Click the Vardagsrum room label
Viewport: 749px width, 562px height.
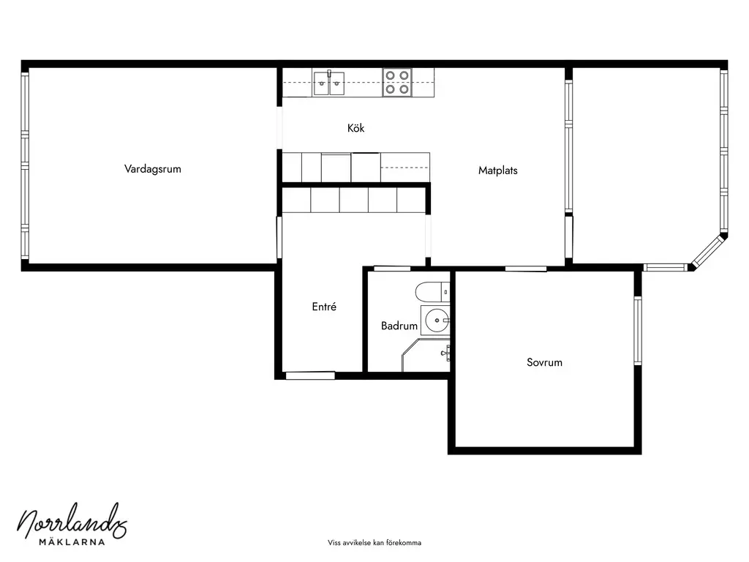(x=152, y=169)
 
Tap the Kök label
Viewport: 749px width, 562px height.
(x=356, y=127)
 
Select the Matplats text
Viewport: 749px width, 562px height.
(x=497, y=170)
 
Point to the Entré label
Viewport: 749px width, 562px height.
(x=324, y=307)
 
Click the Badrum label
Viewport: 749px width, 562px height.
(x=399, y=326)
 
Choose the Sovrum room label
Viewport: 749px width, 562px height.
(x=544, y=362)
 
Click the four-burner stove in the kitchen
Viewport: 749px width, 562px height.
(x=397, y=82)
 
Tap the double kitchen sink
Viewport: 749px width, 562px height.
(x=328, y=83)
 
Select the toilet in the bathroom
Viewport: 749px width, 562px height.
(x=433, y=291)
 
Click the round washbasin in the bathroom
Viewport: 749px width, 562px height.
(x=435, y=321)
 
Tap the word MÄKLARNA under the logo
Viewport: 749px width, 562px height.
(x=72, y=542)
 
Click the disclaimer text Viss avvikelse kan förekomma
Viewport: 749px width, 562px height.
(x=374, y=542)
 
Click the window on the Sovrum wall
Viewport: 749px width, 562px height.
(x=638, y=331)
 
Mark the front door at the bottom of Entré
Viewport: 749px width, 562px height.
(x=310, y=375)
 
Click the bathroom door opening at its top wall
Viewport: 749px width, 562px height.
(x=392, y=269)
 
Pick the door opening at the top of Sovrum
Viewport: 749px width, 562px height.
(x=526, y=269)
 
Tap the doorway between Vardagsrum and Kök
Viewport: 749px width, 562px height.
(x=279, y=128)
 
